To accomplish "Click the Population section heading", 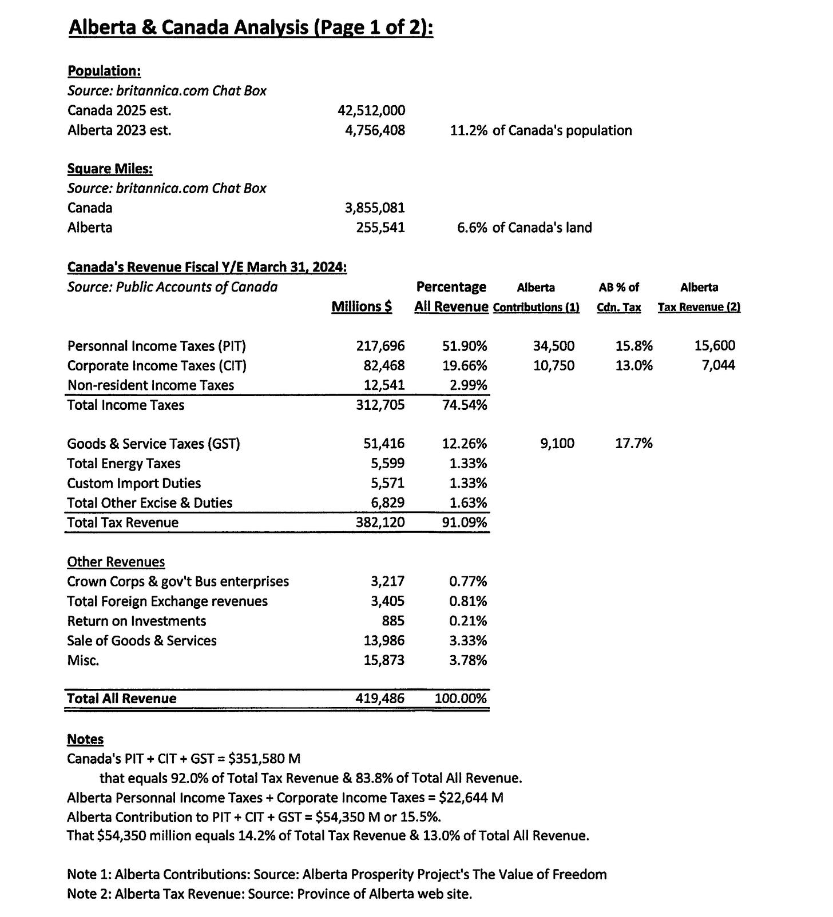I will pyautogui.click(x=104, y=71).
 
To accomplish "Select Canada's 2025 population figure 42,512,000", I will pyautogui.click(x=371, y=110).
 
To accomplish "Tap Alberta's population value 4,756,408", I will pyautogui.click(x=375, y=130).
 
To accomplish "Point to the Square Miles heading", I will pyautogui.click(x=110, y=169).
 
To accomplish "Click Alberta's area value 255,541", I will pyautogui.click(x=380, y=228).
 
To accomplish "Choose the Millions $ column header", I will pyautogui.click(x=362, y=307).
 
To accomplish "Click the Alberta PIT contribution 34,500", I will pyautogui.click(x=554, y=346).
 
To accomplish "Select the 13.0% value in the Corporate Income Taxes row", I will pyautogui.click(x=634, y=365).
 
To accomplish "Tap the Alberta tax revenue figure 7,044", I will pyautogui.click(x=719, y=365).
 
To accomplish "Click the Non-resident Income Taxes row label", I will pyautogui.click(x=150, y=385).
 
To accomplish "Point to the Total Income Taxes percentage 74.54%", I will pyautogui.click(x=465, y=405).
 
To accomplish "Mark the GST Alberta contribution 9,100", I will pyautogui.click(x=557, y=444).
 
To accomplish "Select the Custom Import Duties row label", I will pyautogui.click(x=134, y=483).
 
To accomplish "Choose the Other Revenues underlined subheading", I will pyautogui.click(x=116, y=562).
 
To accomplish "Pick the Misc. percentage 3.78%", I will pyautogui.click(x=468, y=660).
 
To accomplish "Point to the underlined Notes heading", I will pyautogui.click(x=85, y=739).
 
